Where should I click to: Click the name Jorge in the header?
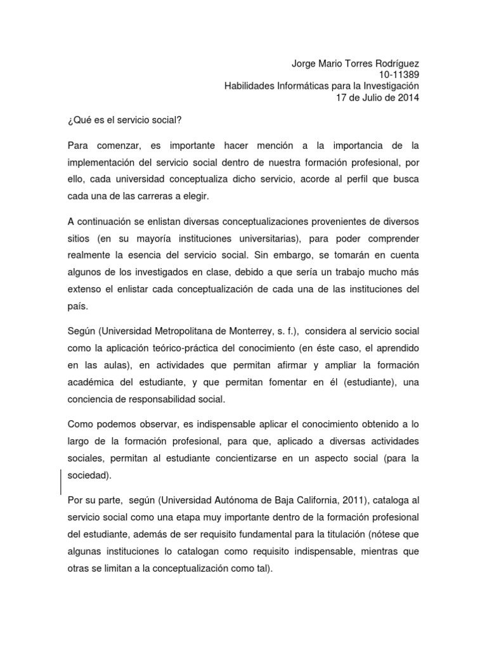pyautogui.click(x=305, y=63)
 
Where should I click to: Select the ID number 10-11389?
pyautogui.click(x=394, y=75)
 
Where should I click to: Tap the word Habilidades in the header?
pyautogui.click(x=252, y=86)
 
